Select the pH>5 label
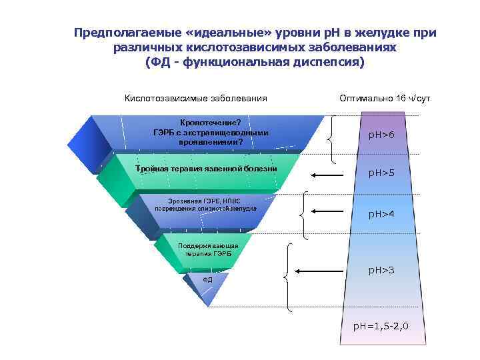(x=382, y=173)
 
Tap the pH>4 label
(x=382, y=214)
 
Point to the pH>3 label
(x=382, y=270)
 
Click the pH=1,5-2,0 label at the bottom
(x=381, y=327)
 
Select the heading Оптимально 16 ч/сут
(x=385, y=99)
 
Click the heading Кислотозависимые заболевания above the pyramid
(x=196, y=99)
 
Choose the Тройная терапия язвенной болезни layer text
(x=206, y=169)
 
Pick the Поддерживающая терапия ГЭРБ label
(x=208, y=250)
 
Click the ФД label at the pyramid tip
(x=207, y=279)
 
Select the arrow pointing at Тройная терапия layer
(x=326, y=175)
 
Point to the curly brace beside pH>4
(x=305, y=215)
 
